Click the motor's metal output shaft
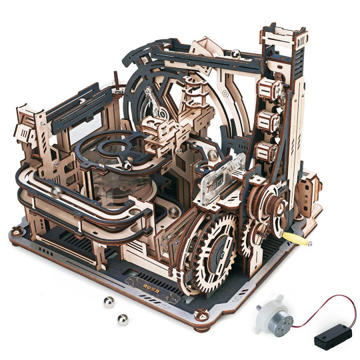[x=258, y=308]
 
